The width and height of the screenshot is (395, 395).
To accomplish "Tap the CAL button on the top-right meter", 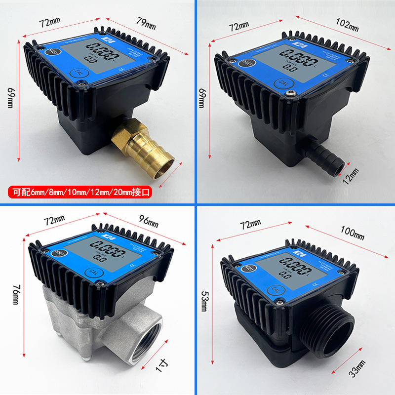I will (283, 83).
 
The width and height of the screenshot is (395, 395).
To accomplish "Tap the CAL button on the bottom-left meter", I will (92, 272).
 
